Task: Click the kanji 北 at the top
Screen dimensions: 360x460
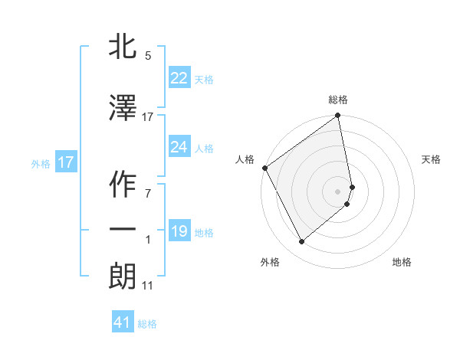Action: [123, 47]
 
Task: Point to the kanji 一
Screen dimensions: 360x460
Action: [123, 229]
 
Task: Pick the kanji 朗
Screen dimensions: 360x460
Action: [123, 276]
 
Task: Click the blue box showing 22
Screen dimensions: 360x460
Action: [179, 77]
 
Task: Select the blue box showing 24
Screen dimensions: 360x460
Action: [179, 147]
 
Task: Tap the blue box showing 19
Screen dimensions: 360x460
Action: [179, 231]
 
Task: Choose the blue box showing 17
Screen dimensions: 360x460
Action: [66, 162]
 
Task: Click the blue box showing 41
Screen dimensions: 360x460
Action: [123, 322]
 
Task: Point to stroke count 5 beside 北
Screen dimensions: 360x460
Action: [147, 56]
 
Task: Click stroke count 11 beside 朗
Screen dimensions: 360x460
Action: [147, 286]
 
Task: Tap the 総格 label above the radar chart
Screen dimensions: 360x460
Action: [338, 100]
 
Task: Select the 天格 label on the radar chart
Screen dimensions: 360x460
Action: [432, 159]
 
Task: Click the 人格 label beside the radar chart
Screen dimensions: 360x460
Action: [245, 159]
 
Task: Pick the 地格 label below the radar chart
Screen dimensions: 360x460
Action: [402, 262]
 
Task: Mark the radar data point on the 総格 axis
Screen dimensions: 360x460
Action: [338, 116]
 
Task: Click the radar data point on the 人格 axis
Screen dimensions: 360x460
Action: [264, 168]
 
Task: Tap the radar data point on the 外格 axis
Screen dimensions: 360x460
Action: [301, 242]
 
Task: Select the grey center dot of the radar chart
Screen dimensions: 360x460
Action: [338, 191]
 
